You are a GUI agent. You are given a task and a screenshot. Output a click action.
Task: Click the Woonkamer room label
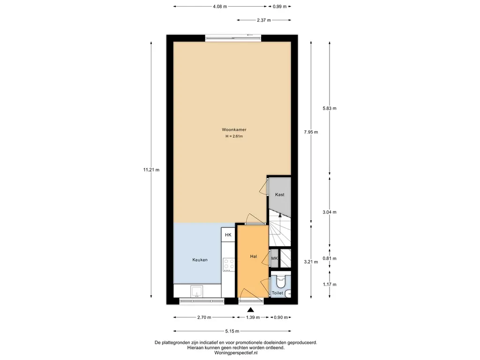pos(234,130)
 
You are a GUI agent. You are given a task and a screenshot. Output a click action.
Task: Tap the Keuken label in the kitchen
pos(200,260)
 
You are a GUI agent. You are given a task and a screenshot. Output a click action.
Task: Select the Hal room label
pos(254,256)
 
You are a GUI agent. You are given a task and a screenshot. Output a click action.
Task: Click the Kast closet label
pos(280,195)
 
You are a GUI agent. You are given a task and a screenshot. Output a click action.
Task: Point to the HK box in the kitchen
pos(228,235)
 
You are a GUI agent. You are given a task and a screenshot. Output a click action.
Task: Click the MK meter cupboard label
pos(275,258)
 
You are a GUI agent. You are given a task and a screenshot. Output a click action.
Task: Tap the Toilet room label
pos(277,293)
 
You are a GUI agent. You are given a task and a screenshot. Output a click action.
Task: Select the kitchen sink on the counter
pos(196,292)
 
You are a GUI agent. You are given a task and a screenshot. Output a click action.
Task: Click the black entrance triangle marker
pos(251,309)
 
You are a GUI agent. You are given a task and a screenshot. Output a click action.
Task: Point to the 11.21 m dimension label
pos(151,170)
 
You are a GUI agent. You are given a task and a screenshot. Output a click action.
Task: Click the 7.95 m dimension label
pos(311,132)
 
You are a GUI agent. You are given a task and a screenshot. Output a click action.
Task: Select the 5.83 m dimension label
pos(330,108)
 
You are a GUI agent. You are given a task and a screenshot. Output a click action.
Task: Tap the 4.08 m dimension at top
pos(220,7)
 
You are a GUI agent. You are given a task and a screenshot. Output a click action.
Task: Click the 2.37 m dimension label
pos(264,20)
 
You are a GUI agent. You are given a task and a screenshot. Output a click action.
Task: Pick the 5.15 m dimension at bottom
pos(232,331)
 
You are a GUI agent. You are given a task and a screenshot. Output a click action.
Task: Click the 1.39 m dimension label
pos(253,317)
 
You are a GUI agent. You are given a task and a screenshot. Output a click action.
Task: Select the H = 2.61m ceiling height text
pos(234,136)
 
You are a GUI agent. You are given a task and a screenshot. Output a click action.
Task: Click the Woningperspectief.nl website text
pos(236,353)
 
